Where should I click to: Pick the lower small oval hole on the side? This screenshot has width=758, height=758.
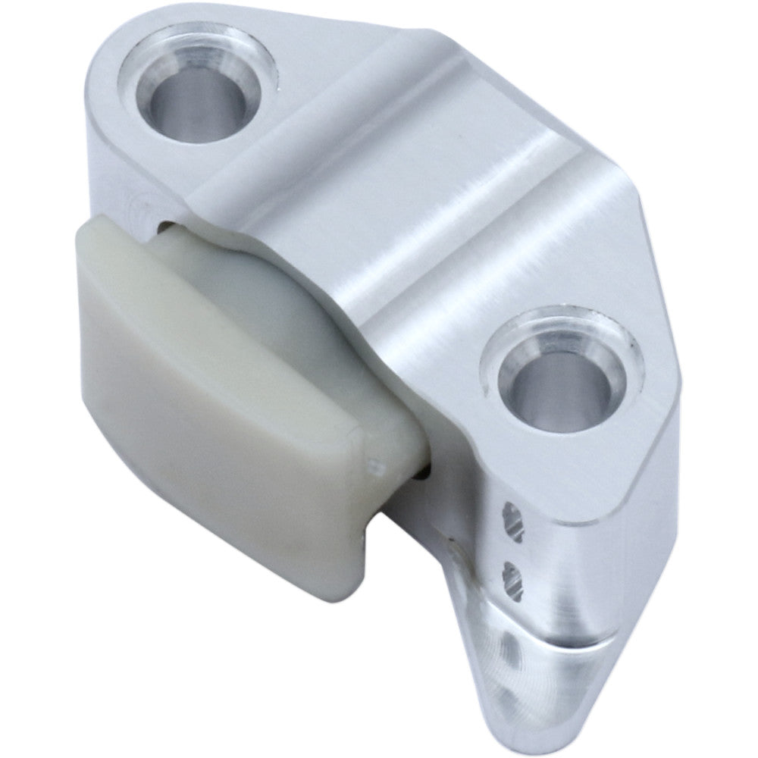(x=512, y=578)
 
